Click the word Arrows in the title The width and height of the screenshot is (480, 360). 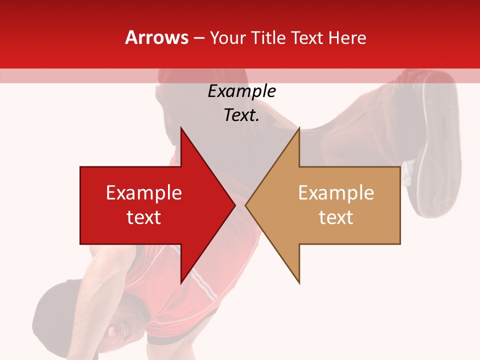[157, 37]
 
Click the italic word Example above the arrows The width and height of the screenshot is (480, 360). [241, 91]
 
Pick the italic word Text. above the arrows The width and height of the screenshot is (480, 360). [241, 115]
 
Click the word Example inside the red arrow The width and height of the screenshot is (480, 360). [143, 193]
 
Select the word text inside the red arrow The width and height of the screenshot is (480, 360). [143, 217]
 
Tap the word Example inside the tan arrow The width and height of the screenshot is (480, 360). [336, 193]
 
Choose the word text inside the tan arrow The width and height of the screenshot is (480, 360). [336, 217]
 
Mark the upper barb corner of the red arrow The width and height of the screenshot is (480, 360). [181, 128]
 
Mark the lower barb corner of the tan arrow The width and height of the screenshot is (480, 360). [299, 282]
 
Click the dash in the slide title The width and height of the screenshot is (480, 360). [198, 38]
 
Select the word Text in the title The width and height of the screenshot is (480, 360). [307, 37]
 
